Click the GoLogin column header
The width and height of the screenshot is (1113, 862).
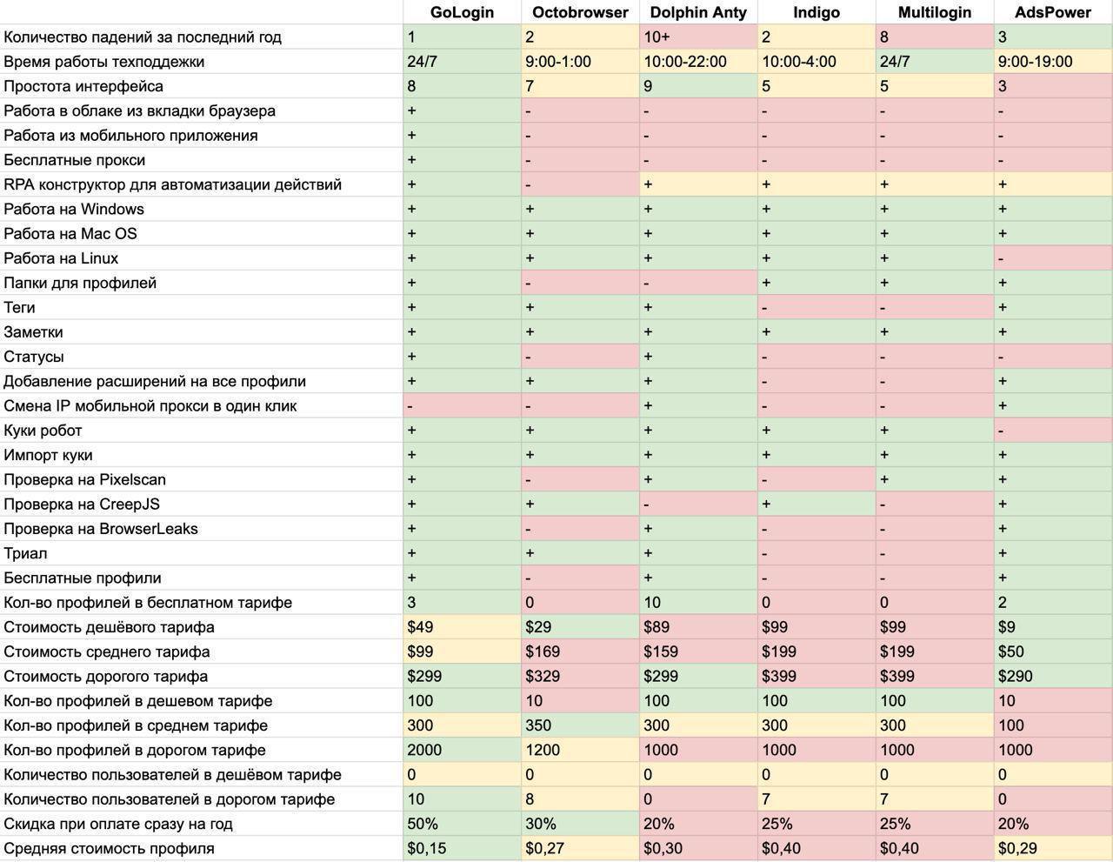point(462,12)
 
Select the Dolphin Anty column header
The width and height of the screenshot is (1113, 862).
point(698,12)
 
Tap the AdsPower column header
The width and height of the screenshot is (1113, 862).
point(1052,12)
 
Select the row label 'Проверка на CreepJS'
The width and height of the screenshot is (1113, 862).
point(82,505)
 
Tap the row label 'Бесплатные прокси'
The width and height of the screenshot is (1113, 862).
point(75,160)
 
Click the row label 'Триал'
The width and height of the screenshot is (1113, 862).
point(25,553)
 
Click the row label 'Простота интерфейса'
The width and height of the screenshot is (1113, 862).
point(83,86)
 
